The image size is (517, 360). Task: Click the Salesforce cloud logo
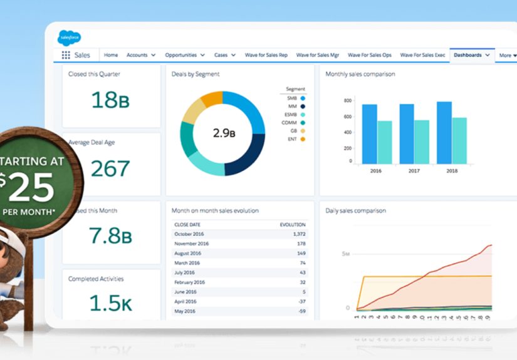(x=69, y=38)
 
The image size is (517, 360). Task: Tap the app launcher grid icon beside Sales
(x=66, y=55)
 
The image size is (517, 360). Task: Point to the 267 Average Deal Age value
(x=110, y=168)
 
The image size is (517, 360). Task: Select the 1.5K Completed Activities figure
(x=111, y=302)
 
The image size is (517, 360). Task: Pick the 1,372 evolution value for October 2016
(x=298, y=234)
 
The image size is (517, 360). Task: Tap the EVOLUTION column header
(x=293, y=224)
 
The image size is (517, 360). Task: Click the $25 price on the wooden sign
(x=28, y=187)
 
